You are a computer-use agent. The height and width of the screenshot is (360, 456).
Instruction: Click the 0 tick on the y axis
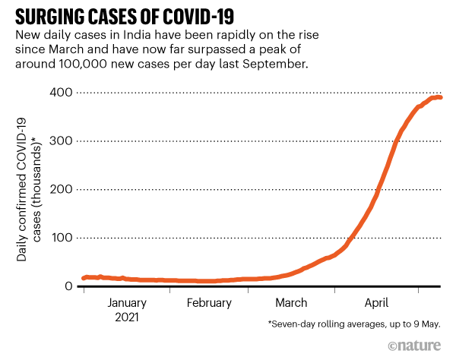(70, 286)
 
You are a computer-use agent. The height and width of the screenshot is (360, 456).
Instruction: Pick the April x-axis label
(377, 303)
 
